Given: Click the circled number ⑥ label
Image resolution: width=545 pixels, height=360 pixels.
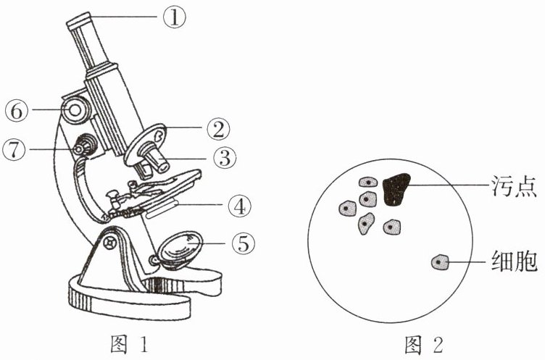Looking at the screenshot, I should coord(17,111).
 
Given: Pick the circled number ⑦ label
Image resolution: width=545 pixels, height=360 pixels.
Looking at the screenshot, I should coord(17,149).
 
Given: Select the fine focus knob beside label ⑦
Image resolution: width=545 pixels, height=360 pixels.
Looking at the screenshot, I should coord(83,146).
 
